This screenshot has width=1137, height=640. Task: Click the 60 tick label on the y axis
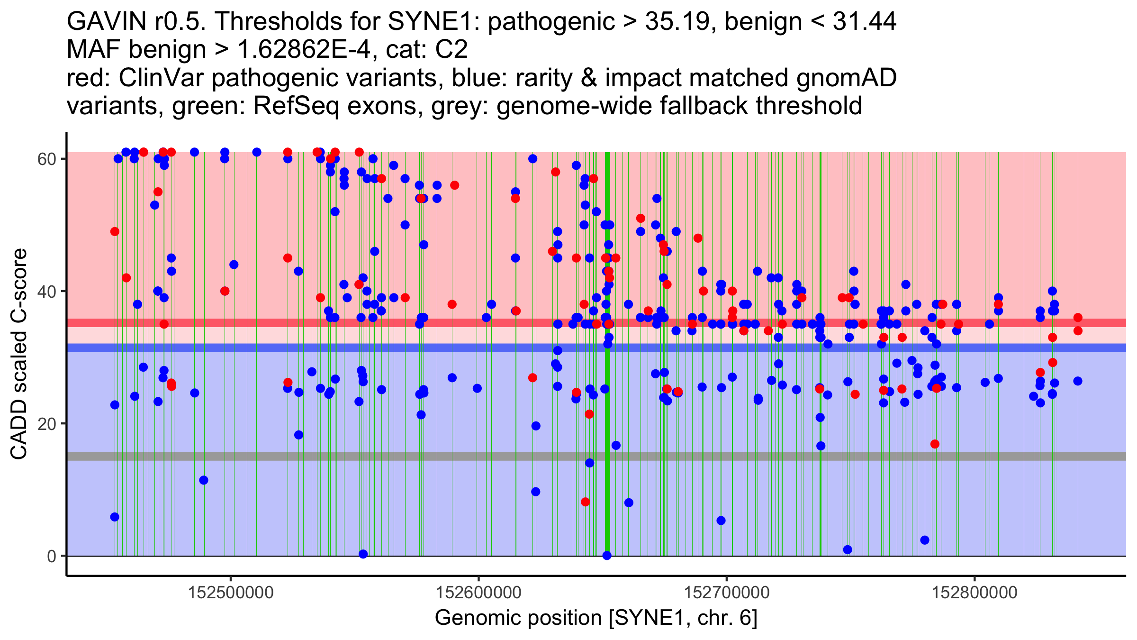(x=46, y=159)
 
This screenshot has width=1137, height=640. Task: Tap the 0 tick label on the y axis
(x=52, y=556)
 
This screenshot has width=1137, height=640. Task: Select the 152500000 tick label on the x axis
(x=231, y=593)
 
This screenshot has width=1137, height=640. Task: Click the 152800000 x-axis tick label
(x=975, y=593)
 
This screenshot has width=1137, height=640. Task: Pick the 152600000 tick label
(x=478, y=593)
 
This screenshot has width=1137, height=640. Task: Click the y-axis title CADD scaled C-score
(x=19, y=355)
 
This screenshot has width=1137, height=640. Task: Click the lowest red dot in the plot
(x=586, y=502)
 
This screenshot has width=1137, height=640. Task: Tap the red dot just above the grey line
(x=935, y=444)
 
